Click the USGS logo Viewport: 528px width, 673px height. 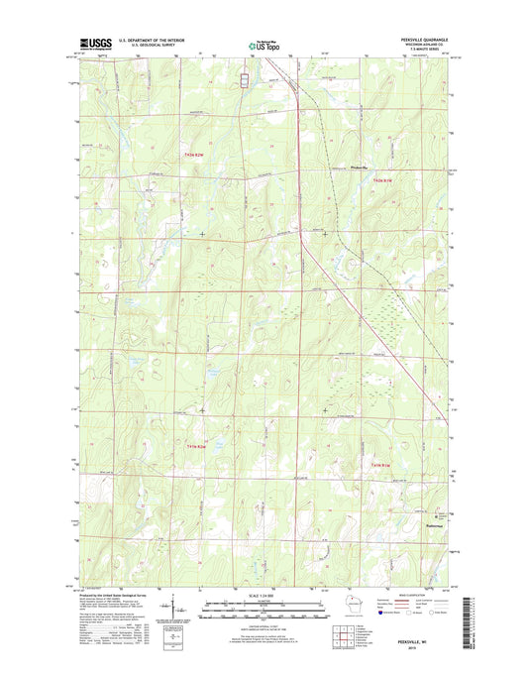pyautogui.click(x=90, y=44)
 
